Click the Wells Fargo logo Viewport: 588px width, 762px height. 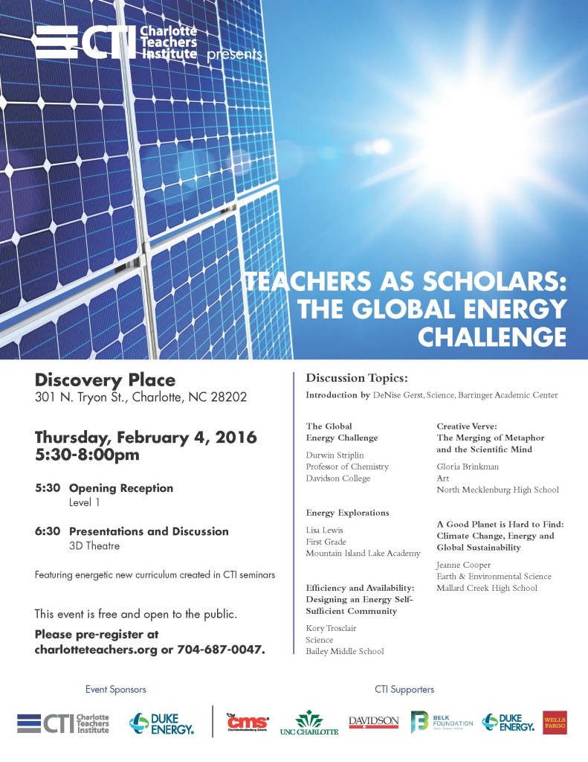554,722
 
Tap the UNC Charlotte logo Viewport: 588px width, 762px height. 308,723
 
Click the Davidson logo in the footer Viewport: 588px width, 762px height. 374,722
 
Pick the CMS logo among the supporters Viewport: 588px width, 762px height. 248,722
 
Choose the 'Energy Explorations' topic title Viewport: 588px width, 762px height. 347,513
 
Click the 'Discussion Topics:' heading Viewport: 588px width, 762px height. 357,378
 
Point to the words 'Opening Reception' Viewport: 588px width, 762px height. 121,488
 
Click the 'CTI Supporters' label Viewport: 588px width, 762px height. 404,690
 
